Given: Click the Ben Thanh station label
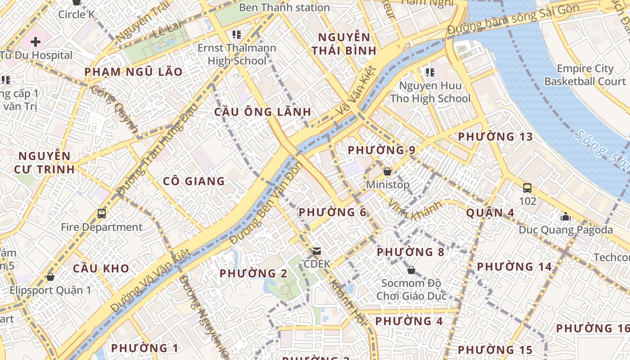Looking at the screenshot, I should point(284,8).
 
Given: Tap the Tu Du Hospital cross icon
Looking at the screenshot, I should point(36,42).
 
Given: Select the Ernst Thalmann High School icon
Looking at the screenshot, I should point(237,35).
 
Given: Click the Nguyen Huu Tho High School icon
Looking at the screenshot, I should point(430,72).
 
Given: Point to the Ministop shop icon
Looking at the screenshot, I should point(387,171).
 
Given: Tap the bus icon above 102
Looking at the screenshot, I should point(527,188).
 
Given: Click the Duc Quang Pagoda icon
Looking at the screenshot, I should point(566,217).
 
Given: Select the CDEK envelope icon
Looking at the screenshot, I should point(317,251).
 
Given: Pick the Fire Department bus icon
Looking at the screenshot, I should point(102,214).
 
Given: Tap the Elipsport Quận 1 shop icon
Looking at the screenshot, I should point(50,277).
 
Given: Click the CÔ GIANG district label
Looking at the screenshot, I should point(193,181).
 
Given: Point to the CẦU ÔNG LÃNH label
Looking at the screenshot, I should point(263,112).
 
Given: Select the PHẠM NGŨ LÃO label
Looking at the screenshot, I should point(134,72).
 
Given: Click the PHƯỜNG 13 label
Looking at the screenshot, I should point(495,137).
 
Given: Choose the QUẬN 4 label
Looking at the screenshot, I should point(490,212).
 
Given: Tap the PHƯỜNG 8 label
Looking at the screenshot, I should point(410,252).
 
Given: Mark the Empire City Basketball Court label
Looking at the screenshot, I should point(585,75).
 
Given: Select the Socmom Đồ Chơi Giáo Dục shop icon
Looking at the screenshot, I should point(411,270).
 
